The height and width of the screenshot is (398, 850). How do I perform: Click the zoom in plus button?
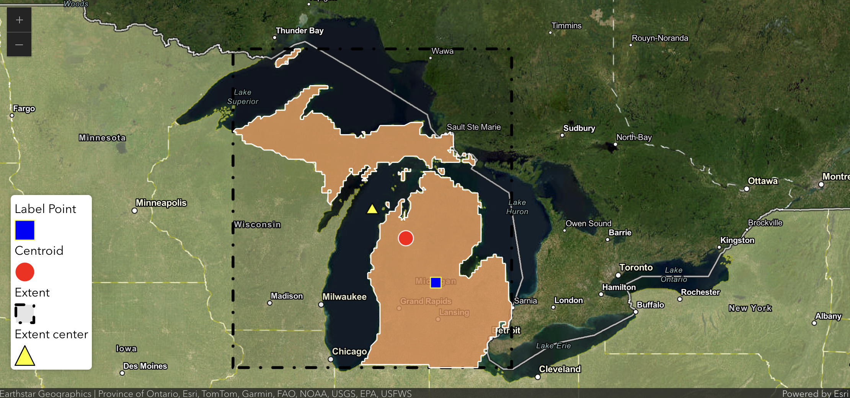pyautogui.click(x=19, y=20)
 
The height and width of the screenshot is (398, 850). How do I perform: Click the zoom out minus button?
pyautogui.click(x=19, y=45)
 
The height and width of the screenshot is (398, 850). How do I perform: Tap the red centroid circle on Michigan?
pyautogui.click(x=406, y=238)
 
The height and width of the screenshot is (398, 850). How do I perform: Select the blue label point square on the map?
pyautogui.click(x=436, y=282)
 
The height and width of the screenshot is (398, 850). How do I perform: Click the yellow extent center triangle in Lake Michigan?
pyautogui.click(x=372, y=209)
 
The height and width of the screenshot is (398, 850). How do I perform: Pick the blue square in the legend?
pyautogui.click(x=25, y=230)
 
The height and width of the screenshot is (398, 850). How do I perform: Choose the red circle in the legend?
pyautogui.click(x=25, y=272)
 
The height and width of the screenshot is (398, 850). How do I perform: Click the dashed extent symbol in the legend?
pyautogui.click(x=25, y=314)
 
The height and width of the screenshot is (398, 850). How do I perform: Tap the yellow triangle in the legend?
pyautogui.click(x=25, y=356)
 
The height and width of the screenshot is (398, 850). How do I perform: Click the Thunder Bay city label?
pyautogui.click(x=299, y=31)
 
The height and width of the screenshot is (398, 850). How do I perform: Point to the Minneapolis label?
pyautogui.click(x=161, y=203)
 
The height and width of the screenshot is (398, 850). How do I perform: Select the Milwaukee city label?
pyautogui.click(x=344, y=297)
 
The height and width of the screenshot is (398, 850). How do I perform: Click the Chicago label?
pyautogui.click(x=349, y=351)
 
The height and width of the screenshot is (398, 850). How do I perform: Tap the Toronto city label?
pyautogui.click(x=636, y=267)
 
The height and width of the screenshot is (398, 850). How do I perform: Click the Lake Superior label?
pyautogui.click(x=243, y=97)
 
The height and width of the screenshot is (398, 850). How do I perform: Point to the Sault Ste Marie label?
pyautogui.click(x=473, y=127)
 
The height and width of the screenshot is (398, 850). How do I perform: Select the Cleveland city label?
pyautogui.click(x=560, y=369)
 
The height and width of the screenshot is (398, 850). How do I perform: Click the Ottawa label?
pyautogui.click(x=762, y=181)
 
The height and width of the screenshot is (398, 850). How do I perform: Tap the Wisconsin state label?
pyautogui.click(x=257, y=224)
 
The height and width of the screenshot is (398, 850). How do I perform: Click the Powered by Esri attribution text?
pyautogui.click(x=815, y=393)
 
